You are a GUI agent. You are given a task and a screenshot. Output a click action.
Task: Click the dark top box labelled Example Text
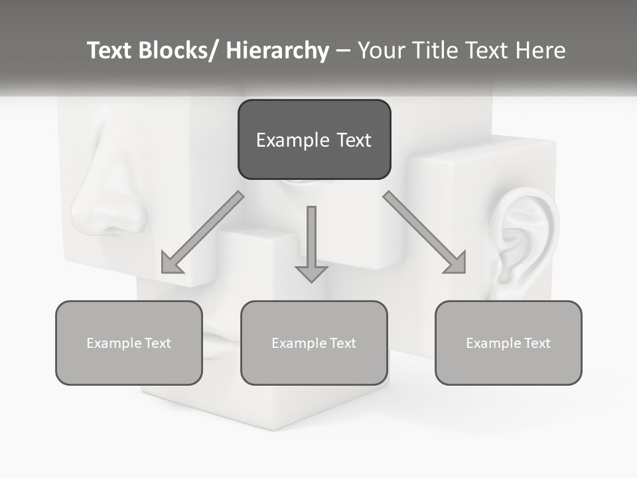(314, 139)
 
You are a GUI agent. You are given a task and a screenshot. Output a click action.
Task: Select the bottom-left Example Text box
(129, 343)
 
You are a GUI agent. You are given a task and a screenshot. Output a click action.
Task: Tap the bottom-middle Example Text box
(314, 343)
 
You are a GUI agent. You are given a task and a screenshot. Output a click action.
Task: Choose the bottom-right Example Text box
(508, 343)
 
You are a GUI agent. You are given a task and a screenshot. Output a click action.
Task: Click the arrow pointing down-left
(202, 232)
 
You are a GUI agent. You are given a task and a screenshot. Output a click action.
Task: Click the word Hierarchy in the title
(277, 50)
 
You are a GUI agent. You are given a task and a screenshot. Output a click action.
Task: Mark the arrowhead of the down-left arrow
(172, 264)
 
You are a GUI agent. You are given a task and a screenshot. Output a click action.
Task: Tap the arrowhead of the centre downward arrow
(311, 273)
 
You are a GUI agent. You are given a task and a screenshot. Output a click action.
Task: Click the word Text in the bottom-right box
(536, 343)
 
